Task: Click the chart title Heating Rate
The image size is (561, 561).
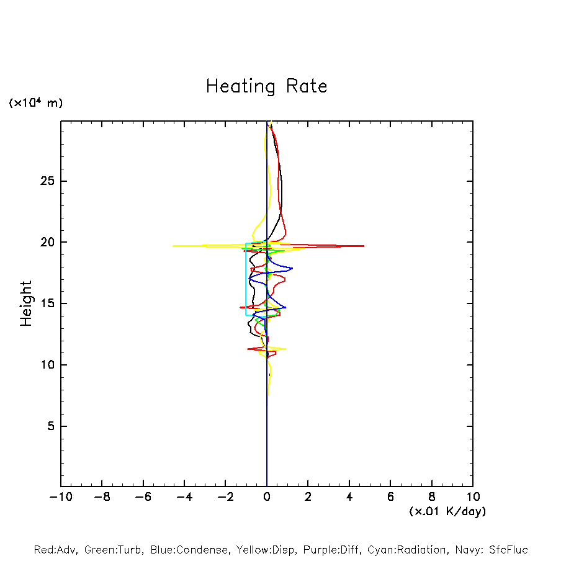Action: [267, 86]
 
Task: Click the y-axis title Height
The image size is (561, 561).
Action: [26, 303]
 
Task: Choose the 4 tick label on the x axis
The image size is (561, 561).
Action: [349, 497]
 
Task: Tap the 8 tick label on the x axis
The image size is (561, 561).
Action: [432, 497]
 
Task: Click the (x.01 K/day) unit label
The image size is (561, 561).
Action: [447, 511]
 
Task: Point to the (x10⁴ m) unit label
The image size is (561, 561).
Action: [35, 103]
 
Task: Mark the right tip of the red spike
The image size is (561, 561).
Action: [364, 246]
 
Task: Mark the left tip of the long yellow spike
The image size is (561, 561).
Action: [173, 246]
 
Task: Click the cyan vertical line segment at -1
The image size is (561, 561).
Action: [246, 279]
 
